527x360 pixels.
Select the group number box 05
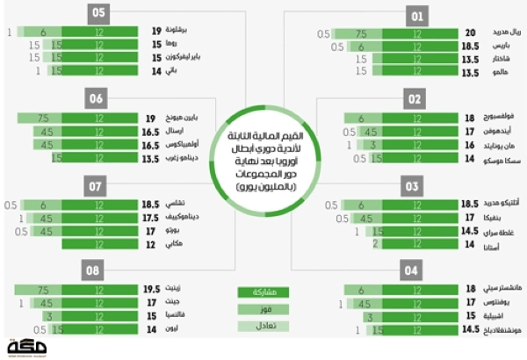(98, 12)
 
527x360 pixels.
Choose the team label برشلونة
(178, 30)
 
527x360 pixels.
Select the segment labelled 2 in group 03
(375, 244)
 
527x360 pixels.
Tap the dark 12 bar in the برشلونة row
(98, 30)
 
